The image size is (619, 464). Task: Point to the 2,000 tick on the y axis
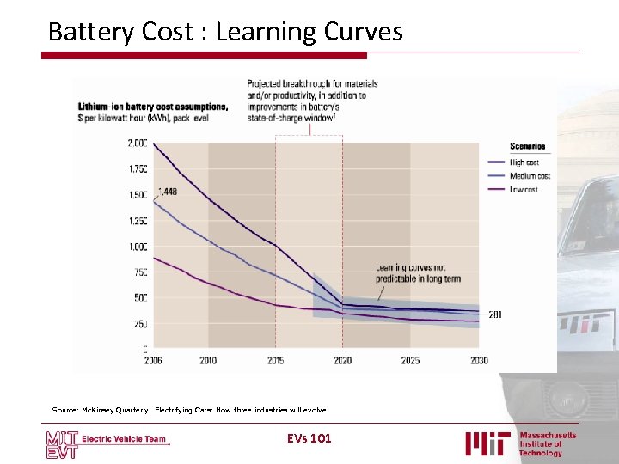tap(137, 143)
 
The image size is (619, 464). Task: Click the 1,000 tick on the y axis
tap(138, 247)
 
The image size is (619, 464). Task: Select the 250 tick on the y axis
tap(139, 324)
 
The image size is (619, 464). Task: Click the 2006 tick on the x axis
tap(152, 361)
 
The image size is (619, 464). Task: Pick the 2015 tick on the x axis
tap(275, 361)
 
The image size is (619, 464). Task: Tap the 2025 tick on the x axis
tap(410, 361)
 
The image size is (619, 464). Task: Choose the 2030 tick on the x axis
tap(478, 361)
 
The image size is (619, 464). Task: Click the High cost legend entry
tap(524, 162)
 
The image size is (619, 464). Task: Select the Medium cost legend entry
tap(530, 175)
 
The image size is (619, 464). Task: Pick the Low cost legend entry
tap(524, 189)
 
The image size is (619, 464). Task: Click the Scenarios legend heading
tap(528, 146)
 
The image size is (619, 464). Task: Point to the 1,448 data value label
tap(167, 192)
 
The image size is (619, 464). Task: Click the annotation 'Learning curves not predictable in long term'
tap(417, 272)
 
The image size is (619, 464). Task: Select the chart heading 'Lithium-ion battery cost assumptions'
tap(153, 107)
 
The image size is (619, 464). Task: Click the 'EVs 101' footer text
tap(309, 439)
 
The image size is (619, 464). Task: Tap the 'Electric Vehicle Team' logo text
tap(124, 439)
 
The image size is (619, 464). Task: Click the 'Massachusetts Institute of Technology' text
tap(547, 443)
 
